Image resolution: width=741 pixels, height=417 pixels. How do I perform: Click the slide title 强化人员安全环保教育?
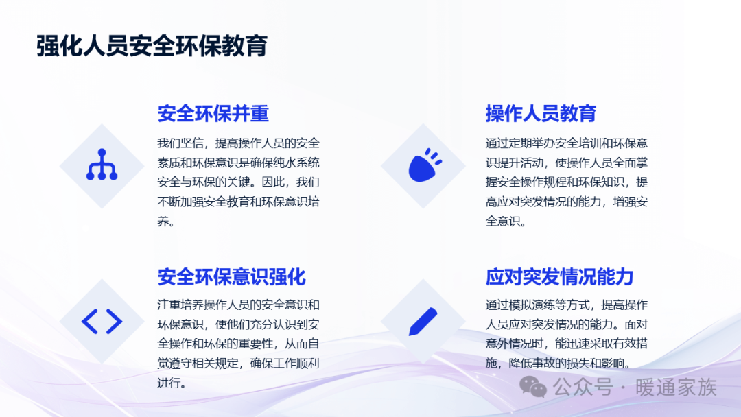pyautogui.click(x=152, y=46)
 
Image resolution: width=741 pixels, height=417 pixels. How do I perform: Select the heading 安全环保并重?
pyautogui.click(x=213, y=113)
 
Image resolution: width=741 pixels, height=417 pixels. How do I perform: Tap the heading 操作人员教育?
pyautogui.click(x=541, y=113)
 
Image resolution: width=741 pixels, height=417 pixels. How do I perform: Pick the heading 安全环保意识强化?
pyautogui.click(x=232, y=276)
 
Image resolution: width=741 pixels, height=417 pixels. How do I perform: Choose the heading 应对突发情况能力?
pyautogui.click(x=560, y=276)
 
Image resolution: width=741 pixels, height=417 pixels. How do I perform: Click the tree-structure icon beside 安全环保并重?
pyautogui.click(x=102, y=165)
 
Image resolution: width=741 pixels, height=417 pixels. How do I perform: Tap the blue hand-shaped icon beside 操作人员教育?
pyautogui.click(x=425, y=165)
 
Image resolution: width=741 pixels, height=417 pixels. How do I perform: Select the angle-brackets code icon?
pyautogui.click(x=102, y=322)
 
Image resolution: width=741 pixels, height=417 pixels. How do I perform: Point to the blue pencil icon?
pyautogui.click(x=423, y=322)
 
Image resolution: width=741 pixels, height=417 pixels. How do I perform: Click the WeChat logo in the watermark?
pyautogui.click(x=533, y=388)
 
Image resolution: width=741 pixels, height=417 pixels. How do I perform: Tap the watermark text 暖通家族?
pyautogui.click(x=676, y=388)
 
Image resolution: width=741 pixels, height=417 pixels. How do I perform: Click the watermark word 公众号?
pyautogui.click(x=583, y=388)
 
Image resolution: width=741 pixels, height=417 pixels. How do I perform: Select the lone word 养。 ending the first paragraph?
pyautogui.click(x=166, y=221)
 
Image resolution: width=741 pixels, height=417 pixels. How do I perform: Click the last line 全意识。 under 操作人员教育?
pyautogui.click(x=506, y=221)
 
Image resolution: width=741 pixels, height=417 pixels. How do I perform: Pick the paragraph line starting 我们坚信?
pyautogui.click(x=238, y=143)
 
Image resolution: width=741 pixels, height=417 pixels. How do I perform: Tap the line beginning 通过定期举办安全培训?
pyautogui.click(x=566, y=143)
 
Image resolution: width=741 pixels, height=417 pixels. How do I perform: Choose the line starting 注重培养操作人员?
pyautogui.click(x=238, y=305)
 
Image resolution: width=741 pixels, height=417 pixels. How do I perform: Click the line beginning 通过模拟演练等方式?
pyautogui.click(x=566, y=305)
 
